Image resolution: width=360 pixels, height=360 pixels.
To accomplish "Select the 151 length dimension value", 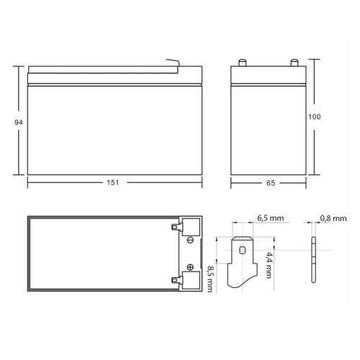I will tap(112, 184).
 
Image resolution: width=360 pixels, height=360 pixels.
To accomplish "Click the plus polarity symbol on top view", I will tap(189, 264).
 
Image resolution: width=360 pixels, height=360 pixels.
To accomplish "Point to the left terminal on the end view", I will tap(243, 62).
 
